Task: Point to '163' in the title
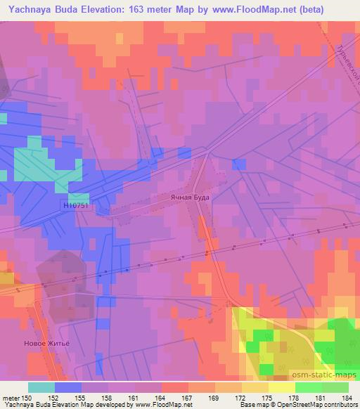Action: pos(133,9)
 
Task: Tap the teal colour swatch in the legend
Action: pos(41,387)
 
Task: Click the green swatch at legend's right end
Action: pos(335,387)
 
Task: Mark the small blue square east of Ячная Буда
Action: pos(239,164)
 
